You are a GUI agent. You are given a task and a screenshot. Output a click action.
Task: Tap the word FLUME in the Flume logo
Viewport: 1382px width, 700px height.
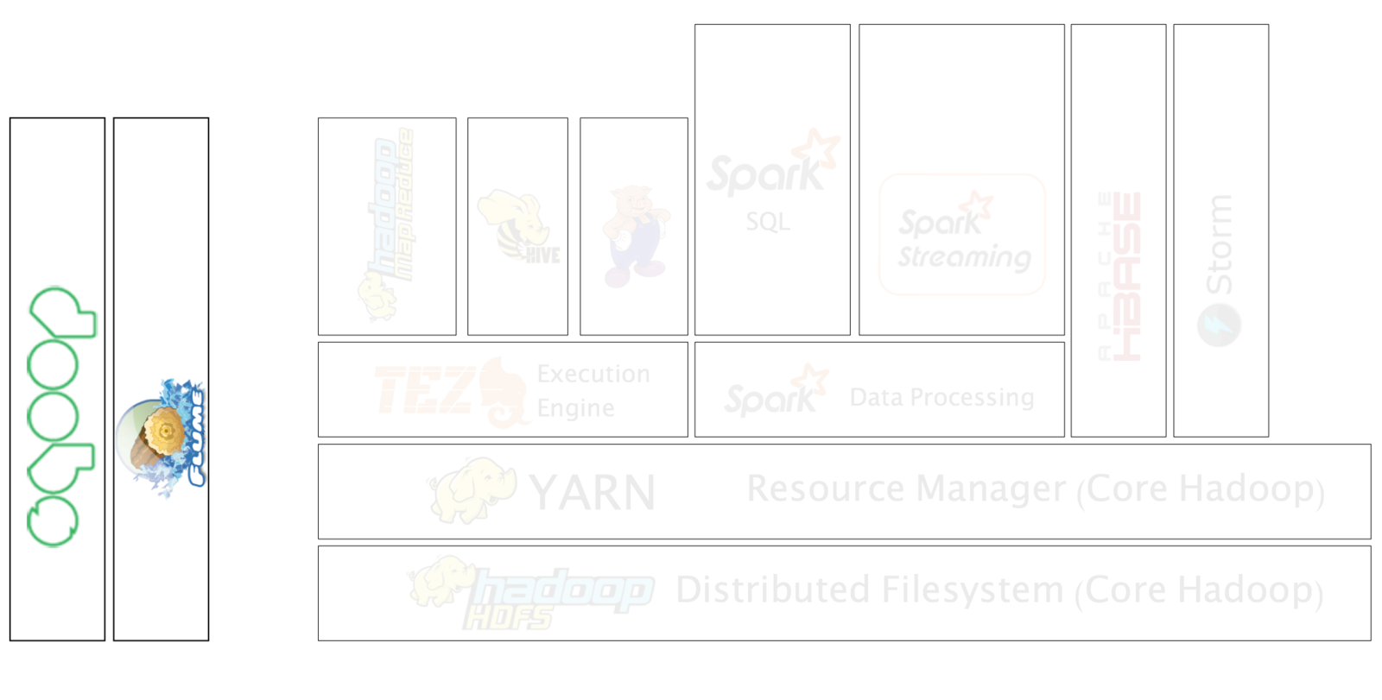198,437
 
